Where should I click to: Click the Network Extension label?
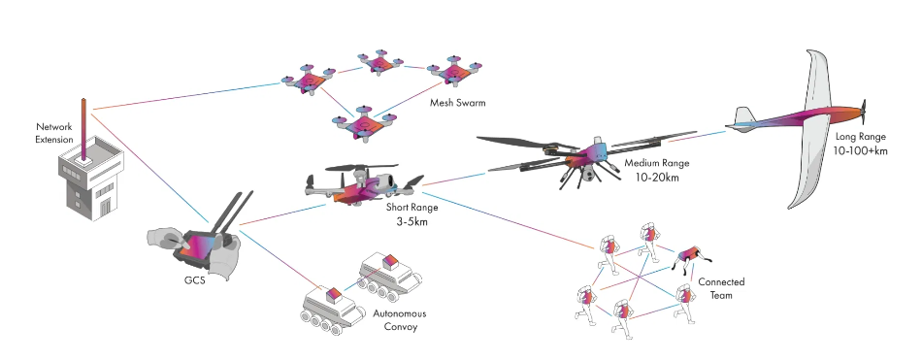[54, 133]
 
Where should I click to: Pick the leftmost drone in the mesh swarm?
[309, 82]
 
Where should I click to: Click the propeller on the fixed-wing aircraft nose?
[864, 109]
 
